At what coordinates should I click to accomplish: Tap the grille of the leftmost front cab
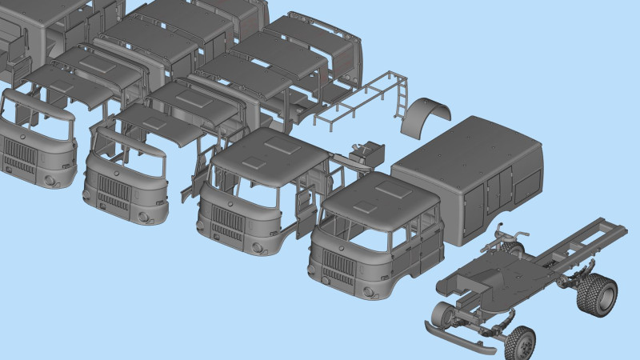click(17, 153)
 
